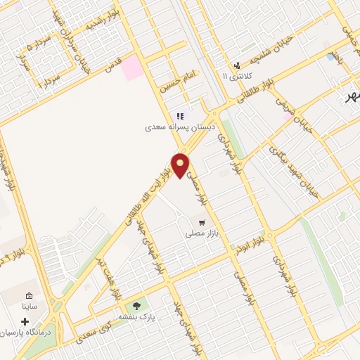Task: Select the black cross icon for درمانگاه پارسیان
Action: pyautogui.click(x=26, y=321)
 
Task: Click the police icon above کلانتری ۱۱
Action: pyautogui.click(x=237, y=65)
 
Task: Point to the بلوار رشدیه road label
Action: pyautogui.click(x=100, y=24)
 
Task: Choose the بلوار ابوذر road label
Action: pyautogui.click(x=251, y=247)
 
